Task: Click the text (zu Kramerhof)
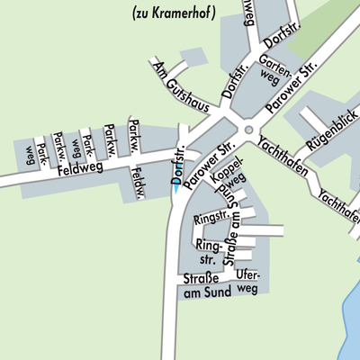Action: [174, 13]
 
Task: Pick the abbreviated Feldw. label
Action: [139, 182]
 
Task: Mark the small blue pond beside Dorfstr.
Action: [174, 190]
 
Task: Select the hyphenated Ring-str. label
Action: [209, 251]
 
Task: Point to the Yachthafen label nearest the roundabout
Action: [283, 157]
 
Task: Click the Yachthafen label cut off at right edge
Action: [339, 203]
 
